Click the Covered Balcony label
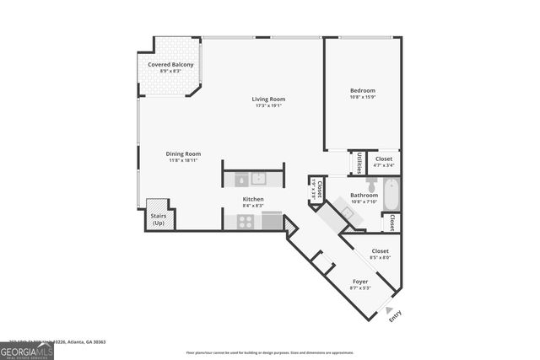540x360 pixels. tap(170, 65)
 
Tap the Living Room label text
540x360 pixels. tap(268, 99)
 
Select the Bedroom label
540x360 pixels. tap(363, 90)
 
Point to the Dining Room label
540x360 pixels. tap(182, 153)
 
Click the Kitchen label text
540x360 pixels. tap(253, 199)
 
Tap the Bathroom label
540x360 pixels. tap(364, 196)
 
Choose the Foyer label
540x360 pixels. tap(359, 282)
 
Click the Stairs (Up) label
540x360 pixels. tap(158, 218)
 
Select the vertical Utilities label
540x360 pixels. tap(359, 162)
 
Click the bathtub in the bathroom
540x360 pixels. tap(390, 195)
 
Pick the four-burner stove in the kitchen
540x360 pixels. tap(245, 221)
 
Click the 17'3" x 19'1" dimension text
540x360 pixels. tap(268, 106)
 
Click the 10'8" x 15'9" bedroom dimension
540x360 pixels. tap(363, 97)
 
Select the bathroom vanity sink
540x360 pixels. tap(347, 213)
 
